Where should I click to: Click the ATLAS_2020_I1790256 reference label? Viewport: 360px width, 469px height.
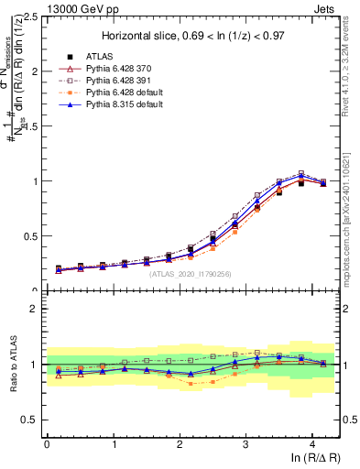(x=191, y=273)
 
